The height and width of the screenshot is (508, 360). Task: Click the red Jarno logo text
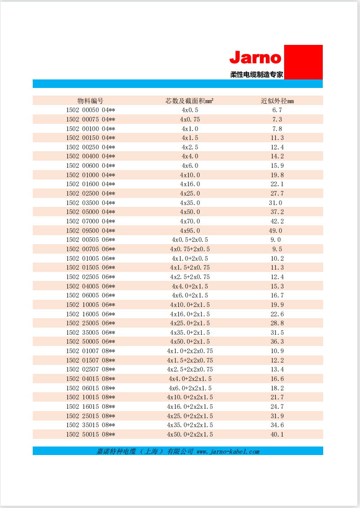pyautogui.click(x=255, y=58)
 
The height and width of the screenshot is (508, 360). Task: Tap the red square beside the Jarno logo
pyautogui.click(x=303, y=62)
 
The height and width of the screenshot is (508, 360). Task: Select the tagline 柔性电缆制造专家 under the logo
pyautogui.click(x=257, y=75)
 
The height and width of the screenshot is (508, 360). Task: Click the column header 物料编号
pyautogui.click(x=90, y=101)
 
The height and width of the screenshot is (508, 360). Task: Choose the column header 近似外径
pyautogui.click(x=277, y=101)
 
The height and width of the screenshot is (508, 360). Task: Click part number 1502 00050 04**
pyautogui.click(x=90, y=110)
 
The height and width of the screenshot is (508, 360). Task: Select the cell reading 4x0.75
pyautogui.click(x=190, y=119)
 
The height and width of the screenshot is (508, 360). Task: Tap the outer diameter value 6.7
pyautogui.click(x=277, y=110)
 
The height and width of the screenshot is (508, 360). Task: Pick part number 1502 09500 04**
pyautogui.click(x=90, y=231)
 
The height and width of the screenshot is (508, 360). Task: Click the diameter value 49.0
pyautogui.click(x=276, y=231)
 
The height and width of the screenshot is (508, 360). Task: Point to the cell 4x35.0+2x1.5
pyautogui.click(x=190, y=333)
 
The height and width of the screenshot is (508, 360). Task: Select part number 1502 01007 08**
pyautogui.click(x=90, y=351)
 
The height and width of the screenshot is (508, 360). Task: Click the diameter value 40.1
pyautogui.click(x=277, y=434)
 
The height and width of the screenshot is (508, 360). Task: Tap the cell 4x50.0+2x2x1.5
pyautogui.click(x=190, y=434)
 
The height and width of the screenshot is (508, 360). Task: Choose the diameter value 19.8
pyautogui.click(x=277, y=175)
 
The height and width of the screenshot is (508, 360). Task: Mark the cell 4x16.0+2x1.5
pyautogui.click(x=190, y=314)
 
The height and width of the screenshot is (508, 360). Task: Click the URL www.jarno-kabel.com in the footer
pyautogui.click(x=228, y=451)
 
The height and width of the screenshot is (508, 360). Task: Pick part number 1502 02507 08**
pyautogui.click(x=90, y=369)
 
